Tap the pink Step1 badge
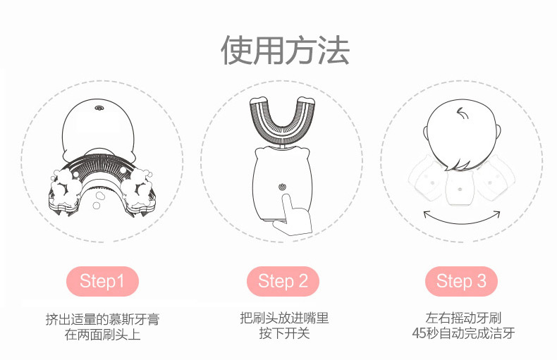click(102, 282)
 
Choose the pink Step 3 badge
click(462, 282)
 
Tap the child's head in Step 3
click(462, 134)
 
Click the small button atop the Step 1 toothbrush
click(97, 109)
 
